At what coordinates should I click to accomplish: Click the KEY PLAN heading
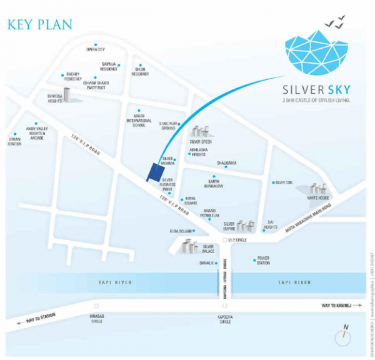[39, 24]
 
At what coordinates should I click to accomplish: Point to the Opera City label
[96, 49]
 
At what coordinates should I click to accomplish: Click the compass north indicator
[344, 336]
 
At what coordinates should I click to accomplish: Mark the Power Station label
[262, 261]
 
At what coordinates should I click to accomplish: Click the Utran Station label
[14, 141]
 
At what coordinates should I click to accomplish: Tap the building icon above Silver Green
[201, 131]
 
